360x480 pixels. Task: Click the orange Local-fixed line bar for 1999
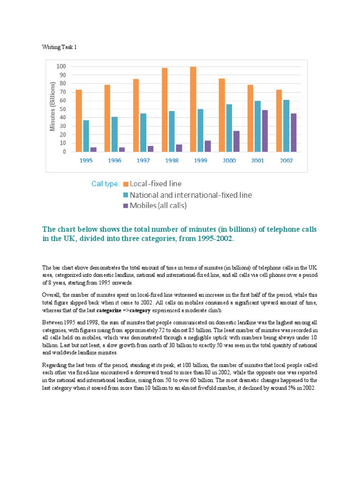click(193, 109)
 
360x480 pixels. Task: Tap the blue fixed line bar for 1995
click(86, 136)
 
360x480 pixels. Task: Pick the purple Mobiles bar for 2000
click(236, 141)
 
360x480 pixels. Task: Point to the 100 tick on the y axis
click(61, 67)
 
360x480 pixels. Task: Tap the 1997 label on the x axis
click(143, 160)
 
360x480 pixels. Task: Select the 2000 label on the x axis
click(229, 160)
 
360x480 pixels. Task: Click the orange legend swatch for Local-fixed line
click(126, 184)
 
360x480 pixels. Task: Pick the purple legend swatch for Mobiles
click(126, 206)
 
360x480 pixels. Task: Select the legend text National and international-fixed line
click(191, 195)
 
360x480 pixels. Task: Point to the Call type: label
click(105, 184)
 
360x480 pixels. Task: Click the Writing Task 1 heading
click(59, 47)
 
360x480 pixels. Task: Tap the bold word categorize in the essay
click(111, 310)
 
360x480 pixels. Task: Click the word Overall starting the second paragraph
click(52, 295)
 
